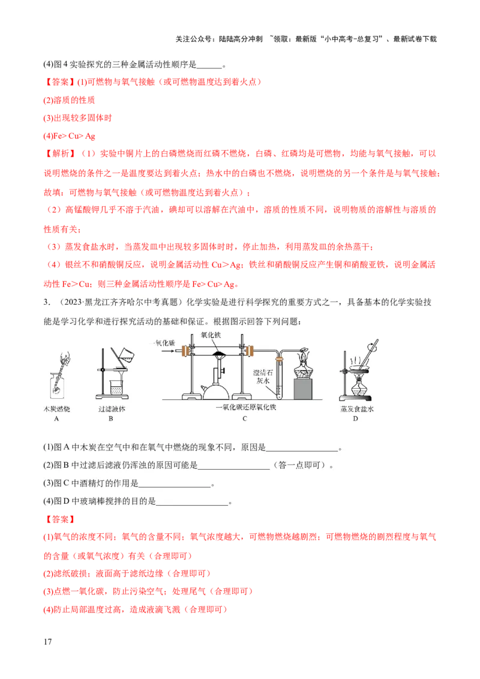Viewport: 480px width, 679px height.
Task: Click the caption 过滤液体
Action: click(x=111, y=408)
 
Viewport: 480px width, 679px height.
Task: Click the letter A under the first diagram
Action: click(x=56, y=419)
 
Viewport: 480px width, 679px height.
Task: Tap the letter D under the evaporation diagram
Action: click(x=355, y=419)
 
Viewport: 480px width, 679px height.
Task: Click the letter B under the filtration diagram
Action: click(x=111, y=419)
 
